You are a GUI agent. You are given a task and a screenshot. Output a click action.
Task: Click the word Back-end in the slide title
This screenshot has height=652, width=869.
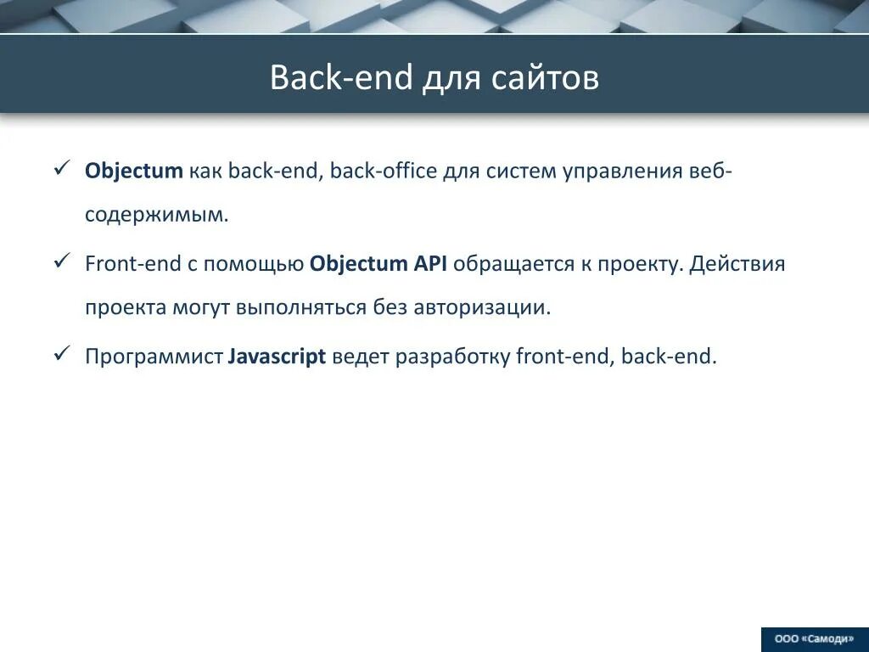tap(340, 78)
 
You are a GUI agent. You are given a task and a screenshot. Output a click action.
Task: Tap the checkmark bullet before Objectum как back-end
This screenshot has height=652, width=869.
tap(62, 168)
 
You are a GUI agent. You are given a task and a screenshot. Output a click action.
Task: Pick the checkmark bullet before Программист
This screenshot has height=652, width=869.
tap(62, 354)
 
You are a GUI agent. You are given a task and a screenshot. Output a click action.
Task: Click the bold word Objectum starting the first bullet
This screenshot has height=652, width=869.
tap(134, 171)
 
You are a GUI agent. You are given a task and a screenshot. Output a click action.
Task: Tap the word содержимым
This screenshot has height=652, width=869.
tap(156, 215)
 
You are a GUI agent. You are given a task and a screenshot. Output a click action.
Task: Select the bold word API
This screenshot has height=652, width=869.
tap(430, 264)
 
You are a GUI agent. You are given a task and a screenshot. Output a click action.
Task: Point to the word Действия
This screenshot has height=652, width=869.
tap(737, 264)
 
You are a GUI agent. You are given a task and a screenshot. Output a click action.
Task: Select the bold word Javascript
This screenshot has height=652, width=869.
tap(278, 357)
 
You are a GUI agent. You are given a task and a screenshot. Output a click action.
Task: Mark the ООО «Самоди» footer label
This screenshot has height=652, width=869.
tap(814, 639)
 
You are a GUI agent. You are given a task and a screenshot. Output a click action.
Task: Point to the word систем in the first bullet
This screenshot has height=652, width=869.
tap(516, 171)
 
